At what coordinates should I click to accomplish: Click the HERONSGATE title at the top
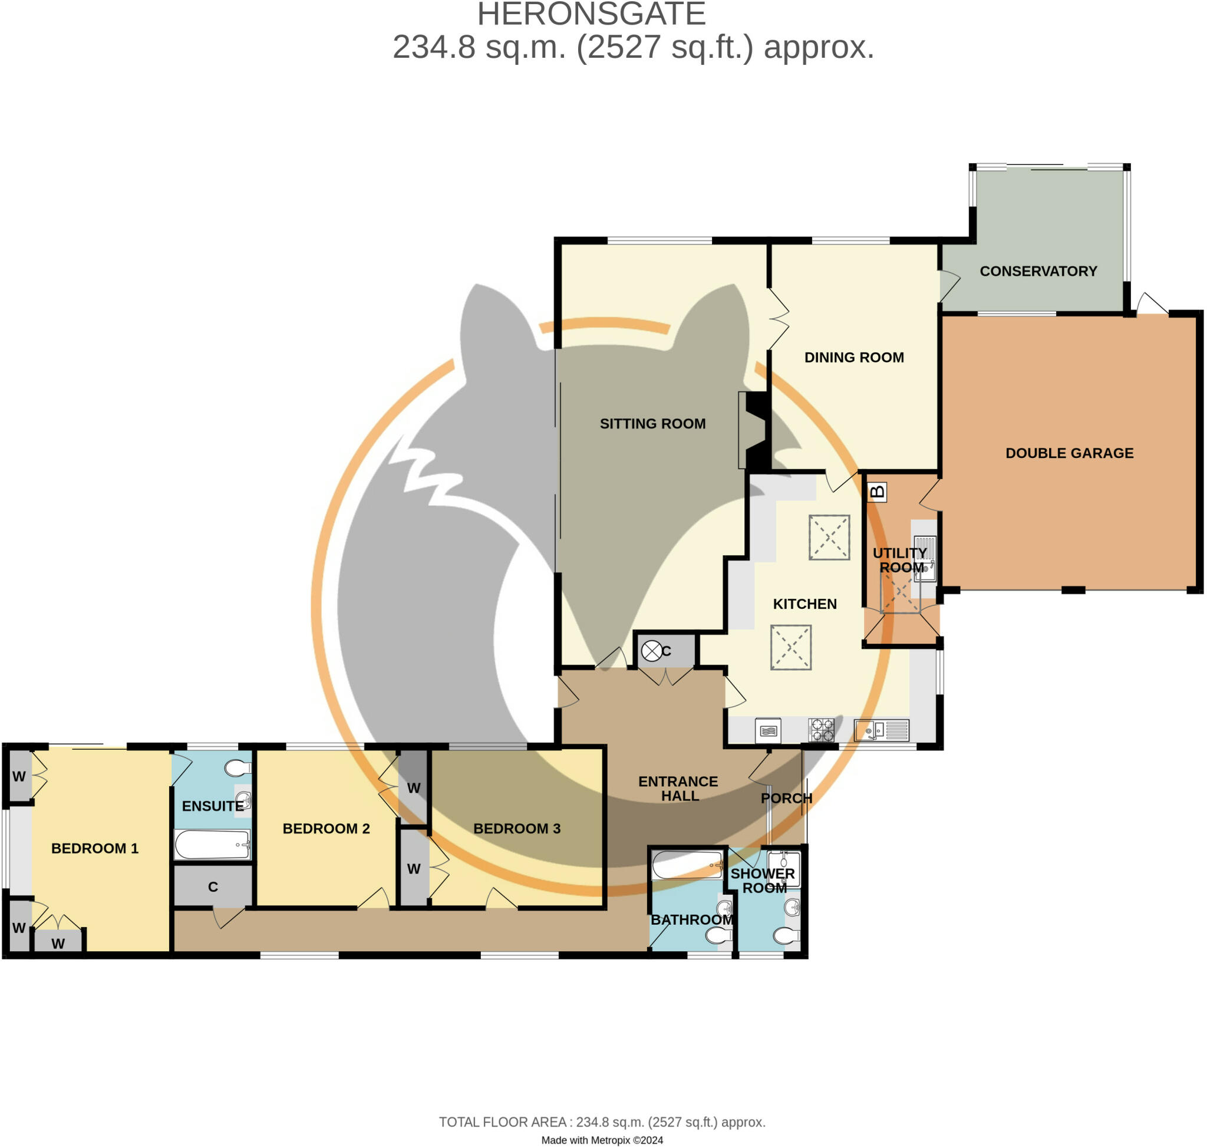pyautogui.click(x=591, y=15)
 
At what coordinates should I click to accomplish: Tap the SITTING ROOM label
pyautogui.click(x=652, y=424)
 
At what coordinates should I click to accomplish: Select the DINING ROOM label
pyautogui.click(x=853, y=358)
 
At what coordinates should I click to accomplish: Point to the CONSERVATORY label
pyautogui.click(x=1038, y=272)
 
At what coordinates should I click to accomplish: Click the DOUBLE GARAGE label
pyautogui.click(x=1069, y=453)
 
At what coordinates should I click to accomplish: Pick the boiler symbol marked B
pyautogui.click(x=877, y=492)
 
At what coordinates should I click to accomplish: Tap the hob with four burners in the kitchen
pyautogui.click(x=820, y=730)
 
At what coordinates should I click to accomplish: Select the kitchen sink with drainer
pyautogui.click(x=881, y=730)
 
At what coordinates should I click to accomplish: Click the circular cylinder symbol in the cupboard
pyautogui.click(x=651, y=651)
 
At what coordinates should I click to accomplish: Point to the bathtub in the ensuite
pyautogui.click(x=212, y=845)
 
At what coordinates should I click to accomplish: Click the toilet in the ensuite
pyautogui.click(x=238, y=768)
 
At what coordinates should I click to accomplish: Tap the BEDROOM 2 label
pyautogui.click(x=326, y=829)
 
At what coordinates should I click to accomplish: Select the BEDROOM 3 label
pyautogui.click(x=517, y=829)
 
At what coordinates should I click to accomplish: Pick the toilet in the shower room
pyautogui.click(x=786, y=935)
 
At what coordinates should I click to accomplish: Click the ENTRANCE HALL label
pyautogui.click(x=678, y=789)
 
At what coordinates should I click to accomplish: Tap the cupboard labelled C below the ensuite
pyautogui.click(x=213, y=886)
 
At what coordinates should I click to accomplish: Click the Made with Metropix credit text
pyautogui.click(x=602, y=1140)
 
